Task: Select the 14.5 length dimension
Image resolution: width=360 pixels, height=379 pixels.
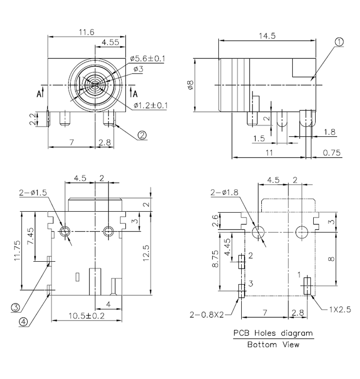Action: coord(267,36)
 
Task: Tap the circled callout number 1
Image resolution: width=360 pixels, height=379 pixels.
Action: coord(339,42)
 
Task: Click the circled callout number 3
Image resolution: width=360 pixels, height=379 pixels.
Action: coord(16,307)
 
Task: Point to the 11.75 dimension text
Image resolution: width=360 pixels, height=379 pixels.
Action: coord(17,250)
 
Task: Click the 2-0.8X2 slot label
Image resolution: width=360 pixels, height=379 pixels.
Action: coord(207,314)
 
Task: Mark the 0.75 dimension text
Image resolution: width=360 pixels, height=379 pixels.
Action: coord(332,153)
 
